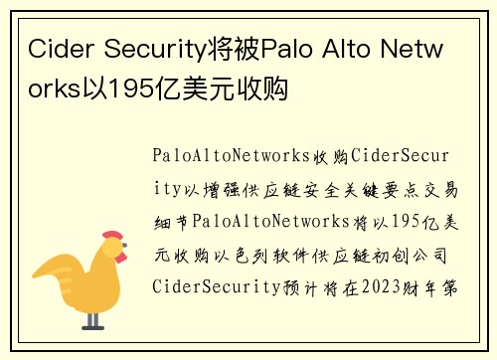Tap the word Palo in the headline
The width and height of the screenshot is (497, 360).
coord(287,48)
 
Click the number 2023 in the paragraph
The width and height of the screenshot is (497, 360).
coord(392,287)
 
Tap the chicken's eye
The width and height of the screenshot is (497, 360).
coord(109,251)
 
